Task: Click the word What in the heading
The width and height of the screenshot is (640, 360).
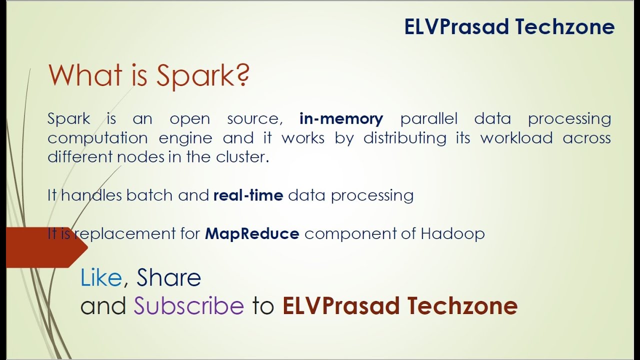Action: (85, 75)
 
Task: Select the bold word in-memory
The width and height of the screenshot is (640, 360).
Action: (341, 119)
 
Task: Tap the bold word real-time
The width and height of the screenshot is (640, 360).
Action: (248, 195)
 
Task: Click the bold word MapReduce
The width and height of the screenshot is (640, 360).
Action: (252, 233)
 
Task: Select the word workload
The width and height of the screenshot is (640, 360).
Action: (516, 138)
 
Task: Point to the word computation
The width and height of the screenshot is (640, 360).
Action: (97, 138)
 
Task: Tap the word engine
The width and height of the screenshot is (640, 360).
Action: (185, 138)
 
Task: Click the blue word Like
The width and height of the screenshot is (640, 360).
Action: (101, 278)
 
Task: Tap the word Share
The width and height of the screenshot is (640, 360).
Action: (168, 278)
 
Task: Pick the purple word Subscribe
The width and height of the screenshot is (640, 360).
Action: (188, 306)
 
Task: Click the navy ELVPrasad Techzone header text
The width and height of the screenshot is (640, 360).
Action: (509, 27)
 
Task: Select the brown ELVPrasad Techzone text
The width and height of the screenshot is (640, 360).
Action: (399, 306)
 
